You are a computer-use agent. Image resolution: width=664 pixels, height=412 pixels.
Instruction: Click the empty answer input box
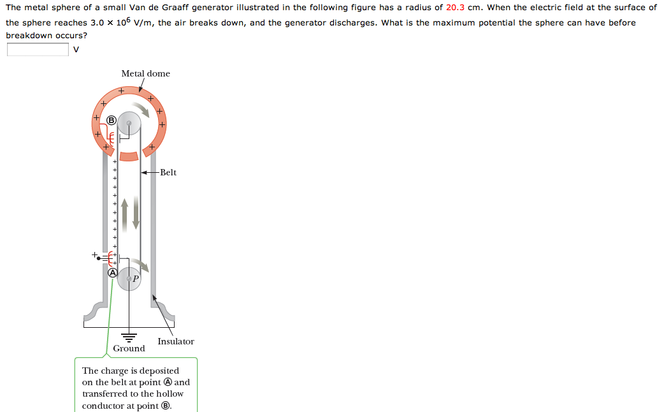click(x=38, y=50)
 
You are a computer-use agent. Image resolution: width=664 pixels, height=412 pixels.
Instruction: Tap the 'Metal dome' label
click(x=145, y=73)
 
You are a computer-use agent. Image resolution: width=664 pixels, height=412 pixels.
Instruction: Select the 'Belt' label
click(x=168, y=172)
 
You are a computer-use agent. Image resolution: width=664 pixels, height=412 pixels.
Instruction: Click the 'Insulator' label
click(x=176, y=341)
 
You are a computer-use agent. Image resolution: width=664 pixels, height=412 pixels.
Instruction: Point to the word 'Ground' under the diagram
click(x=129, y=348)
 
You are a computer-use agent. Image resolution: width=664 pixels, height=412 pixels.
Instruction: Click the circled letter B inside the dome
click(x=112, y=120)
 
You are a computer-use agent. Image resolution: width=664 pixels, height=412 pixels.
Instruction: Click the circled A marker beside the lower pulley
click(x=112, y=272)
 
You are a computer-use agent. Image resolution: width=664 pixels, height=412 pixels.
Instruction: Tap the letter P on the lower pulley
click(x=136, y=279)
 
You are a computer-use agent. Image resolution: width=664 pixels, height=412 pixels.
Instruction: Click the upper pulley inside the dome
click(x=129, y=123)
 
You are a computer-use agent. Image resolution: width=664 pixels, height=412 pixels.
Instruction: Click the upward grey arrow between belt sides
click(x=124, y=213)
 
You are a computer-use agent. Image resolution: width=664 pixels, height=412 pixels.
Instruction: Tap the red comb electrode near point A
click(x=112, y=258)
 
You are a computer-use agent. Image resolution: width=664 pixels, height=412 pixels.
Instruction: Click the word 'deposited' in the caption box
click(x=158, y=371)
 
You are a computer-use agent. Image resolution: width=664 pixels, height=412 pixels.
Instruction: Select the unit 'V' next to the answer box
click(x=76, y=50)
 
